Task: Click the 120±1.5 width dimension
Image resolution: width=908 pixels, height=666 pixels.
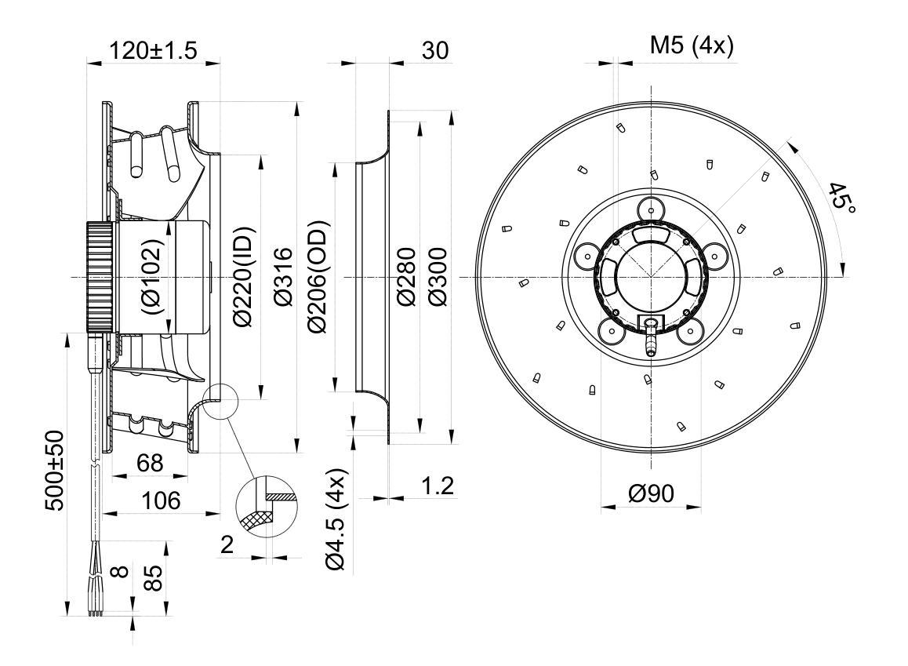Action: [153, 50]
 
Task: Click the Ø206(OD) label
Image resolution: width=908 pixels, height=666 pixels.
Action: [318, 277]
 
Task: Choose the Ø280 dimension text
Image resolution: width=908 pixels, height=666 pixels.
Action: [406, 277]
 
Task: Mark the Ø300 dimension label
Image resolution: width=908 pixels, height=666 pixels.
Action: [438, 277]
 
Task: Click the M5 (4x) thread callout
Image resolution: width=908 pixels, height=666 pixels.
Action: [692, 45]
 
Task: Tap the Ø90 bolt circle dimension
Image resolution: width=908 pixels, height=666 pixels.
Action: [652, 493]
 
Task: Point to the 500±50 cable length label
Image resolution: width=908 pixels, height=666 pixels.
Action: [55, 470]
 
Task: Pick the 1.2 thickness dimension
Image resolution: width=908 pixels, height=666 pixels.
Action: [438, 486]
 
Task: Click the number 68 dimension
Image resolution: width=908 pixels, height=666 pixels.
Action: [150, 463]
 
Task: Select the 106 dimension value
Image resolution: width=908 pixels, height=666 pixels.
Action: [161, 500]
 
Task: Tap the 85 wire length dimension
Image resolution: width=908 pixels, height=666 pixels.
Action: [153, 577]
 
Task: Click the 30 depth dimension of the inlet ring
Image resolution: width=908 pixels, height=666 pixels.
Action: [435, 50]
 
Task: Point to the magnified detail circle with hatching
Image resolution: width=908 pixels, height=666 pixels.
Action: [267, 507]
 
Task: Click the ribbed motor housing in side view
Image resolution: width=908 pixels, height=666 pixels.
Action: [100, 277]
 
